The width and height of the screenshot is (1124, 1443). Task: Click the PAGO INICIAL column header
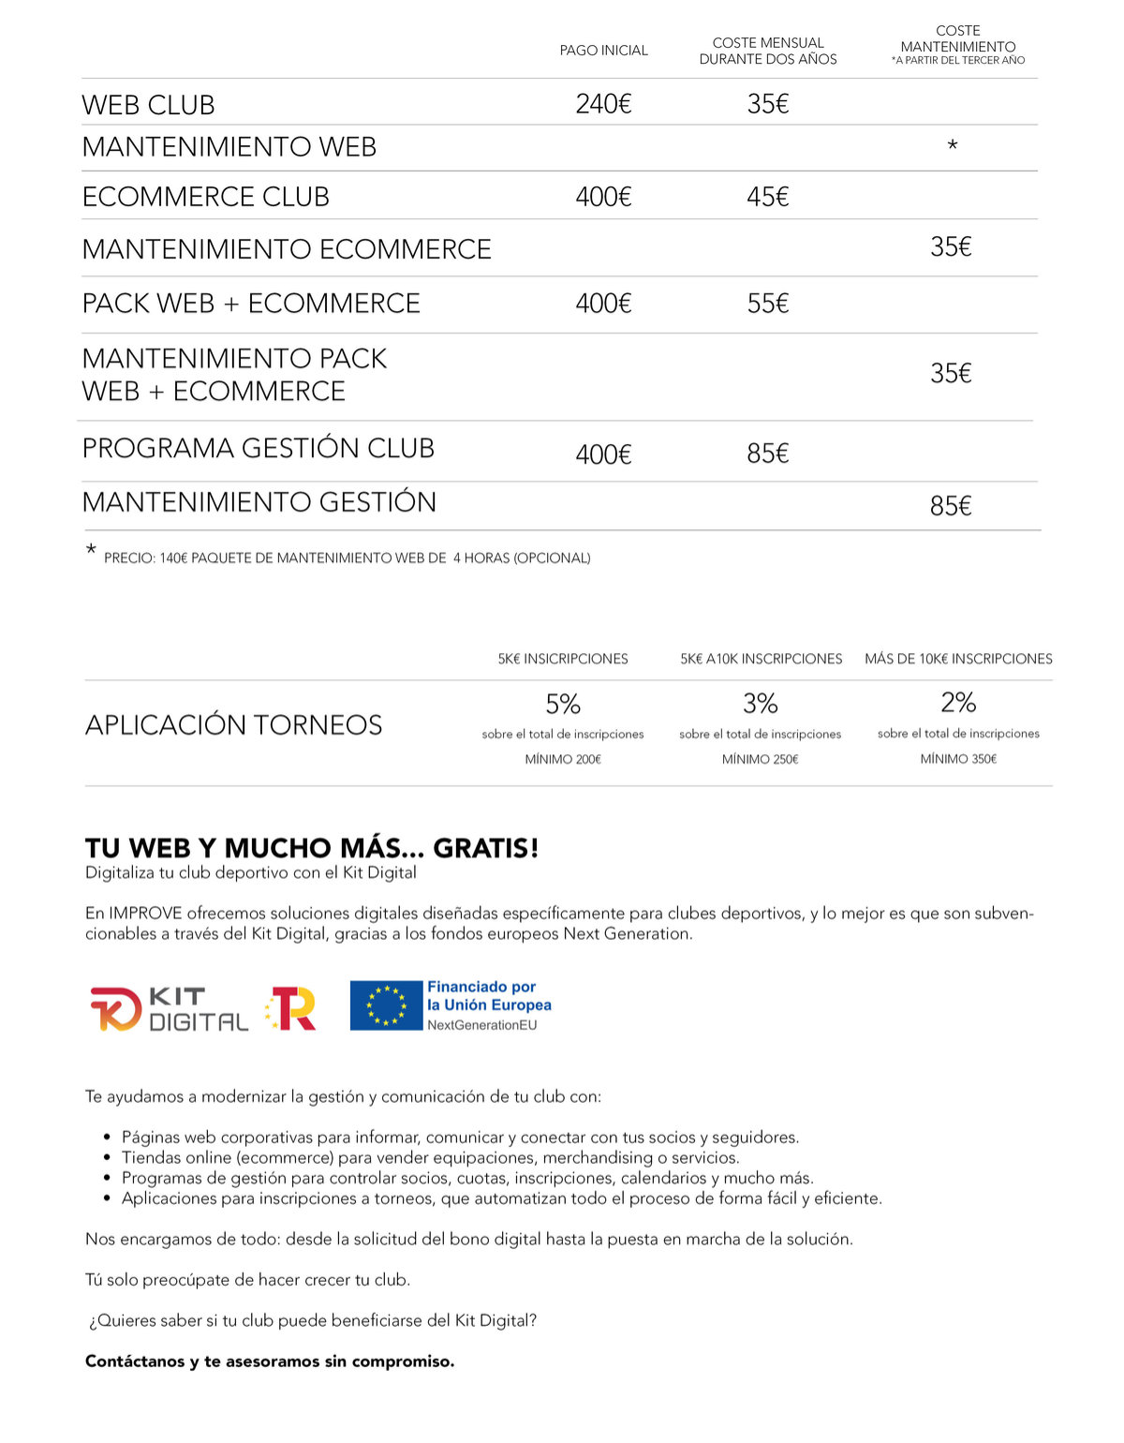point(603,51)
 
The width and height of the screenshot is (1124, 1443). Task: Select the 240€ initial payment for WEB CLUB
point(603,104)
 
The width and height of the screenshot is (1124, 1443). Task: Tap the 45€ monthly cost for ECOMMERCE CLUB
point(767,197)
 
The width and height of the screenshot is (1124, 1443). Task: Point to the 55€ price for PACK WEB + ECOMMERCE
point(767,304)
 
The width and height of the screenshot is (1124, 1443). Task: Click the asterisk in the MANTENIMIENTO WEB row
point(952,146)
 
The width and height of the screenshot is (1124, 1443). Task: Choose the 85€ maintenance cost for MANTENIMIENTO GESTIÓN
point(951,506)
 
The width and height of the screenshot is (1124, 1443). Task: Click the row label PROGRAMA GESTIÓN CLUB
point(259,448)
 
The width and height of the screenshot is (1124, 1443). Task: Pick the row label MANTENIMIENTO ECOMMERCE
point(287,249)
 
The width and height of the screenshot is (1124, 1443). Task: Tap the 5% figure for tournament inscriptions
point(563,704)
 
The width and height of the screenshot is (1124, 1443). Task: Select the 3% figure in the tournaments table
point(761,703)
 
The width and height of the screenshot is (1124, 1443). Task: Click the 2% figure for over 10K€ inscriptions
point(958,702)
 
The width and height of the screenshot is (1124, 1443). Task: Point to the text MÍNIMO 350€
point(958,759)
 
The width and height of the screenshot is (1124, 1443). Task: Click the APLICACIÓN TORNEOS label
point(234,725)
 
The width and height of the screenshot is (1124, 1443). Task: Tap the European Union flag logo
point(386,1005)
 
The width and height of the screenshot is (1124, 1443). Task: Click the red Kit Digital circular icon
point(115,1008)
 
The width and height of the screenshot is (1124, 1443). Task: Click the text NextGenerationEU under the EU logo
point(482,1025)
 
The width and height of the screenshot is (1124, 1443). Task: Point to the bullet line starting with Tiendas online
point(431,1158)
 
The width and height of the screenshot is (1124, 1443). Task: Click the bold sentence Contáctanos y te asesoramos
point(270,1361)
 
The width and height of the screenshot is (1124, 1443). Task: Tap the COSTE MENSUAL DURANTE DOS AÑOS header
point(768,51)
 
